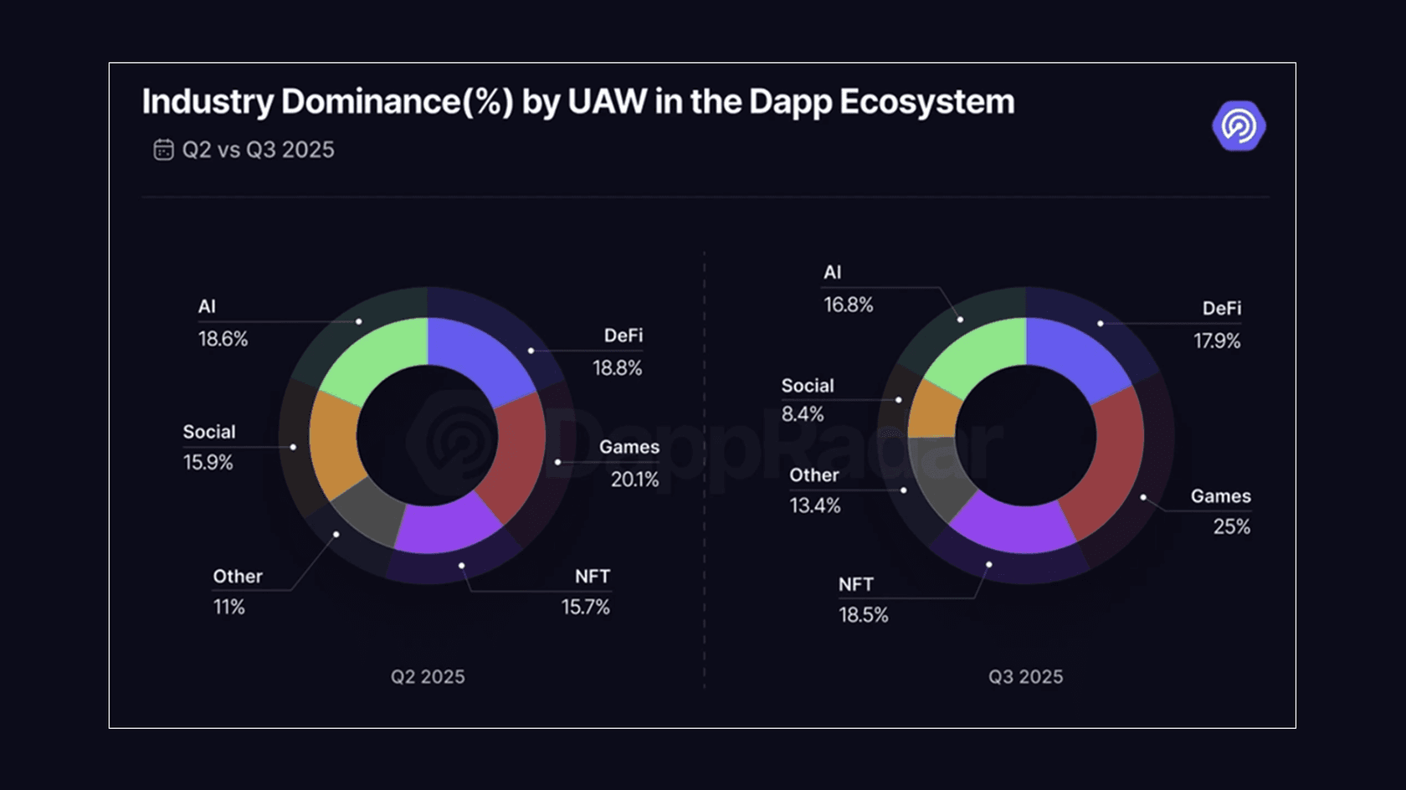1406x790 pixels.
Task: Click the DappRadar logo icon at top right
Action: click(1239, 126)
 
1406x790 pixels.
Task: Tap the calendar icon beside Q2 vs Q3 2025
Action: click(163, 150)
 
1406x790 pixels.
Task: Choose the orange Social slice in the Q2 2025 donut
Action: click(335, 444)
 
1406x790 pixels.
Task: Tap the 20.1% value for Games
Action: click(634, 480)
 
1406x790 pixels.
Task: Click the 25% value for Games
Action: click(1231, 526)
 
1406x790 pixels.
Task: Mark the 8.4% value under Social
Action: click(802, 414)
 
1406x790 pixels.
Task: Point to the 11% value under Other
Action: click(228, 607)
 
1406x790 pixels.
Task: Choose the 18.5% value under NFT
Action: click(863, 615)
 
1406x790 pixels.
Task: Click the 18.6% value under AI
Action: click(223, 339)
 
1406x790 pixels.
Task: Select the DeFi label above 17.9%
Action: click(1221, 309)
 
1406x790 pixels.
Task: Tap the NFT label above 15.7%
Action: click(592, 577)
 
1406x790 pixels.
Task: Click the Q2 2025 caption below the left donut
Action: click(428, 677)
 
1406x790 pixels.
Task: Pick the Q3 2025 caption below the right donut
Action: click(1025, 677)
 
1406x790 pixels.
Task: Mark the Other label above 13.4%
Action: click(813, 475)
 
